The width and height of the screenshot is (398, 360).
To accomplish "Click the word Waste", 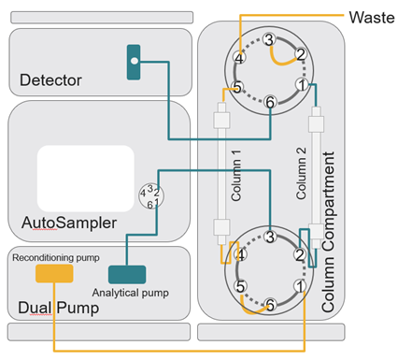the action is (x=372, y=18).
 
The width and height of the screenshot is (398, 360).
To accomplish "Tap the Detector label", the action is (x=50, y=80).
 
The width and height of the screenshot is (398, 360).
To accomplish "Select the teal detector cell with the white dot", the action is (x=134, y=63).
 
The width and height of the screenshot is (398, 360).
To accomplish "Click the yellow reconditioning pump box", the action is (x=54, y=273).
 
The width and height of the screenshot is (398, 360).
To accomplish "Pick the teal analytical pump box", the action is (x=127, y=274).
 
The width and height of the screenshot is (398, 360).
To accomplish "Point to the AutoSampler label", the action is (x=69, y=223).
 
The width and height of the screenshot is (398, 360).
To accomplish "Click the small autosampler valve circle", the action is (x=151, y=195).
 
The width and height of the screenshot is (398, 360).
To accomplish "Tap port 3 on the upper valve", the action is (x=269, y=39).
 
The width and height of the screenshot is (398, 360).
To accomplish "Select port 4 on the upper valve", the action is (x=239, y=58).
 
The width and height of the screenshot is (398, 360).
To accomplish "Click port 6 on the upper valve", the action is (x=270, y=102).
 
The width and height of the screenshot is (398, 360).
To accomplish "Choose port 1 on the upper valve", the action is (x=302, y=85).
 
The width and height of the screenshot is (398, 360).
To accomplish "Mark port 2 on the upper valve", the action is (x=301, y=54).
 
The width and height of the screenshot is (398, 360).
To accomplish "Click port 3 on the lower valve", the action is (x=270, y=237).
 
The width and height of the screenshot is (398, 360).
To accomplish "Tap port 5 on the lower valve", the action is (x=240, y=286).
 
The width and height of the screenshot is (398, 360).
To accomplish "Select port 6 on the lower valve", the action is (x=270, y=305).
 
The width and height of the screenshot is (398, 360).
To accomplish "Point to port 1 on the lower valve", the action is (x=300, y=286).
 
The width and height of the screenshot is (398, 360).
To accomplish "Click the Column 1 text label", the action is (x=236, y=175).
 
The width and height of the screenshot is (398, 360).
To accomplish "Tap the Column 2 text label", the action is (x=301, y=173).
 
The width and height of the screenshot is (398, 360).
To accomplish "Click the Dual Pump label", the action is (x=59, y=308).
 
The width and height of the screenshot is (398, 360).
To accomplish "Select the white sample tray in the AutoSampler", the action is (x=86, y=179).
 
